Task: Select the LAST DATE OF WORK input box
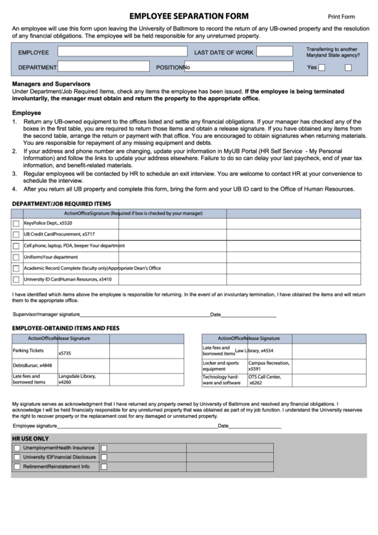coord(274,51)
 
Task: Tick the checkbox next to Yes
coord(322,68)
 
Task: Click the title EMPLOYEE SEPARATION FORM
coord(189,16)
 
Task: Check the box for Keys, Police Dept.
coord(16,224)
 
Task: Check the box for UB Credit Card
coord(16,234)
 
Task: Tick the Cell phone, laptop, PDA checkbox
coord(16,246)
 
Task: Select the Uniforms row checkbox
coord(16,257)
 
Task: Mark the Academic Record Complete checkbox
coord(16,269)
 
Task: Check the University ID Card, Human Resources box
coord(16,280)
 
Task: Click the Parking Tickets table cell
coord(34,351)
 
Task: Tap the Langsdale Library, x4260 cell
coord(82,379)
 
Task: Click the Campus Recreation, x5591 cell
coord(270,366)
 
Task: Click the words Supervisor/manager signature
coord(46,314)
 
